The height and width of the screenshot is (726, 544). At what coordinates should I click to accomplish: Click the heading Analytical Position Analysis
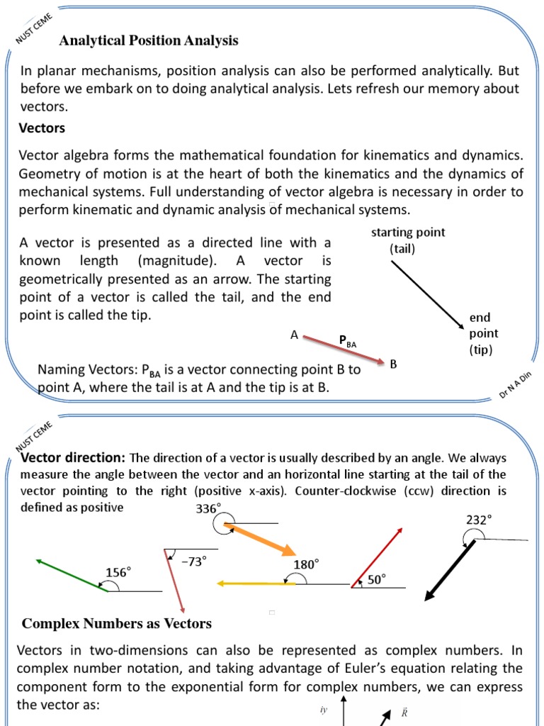(149, 41)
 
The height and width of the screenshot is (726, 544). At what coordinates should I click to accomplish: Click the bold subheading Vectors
(42, 128)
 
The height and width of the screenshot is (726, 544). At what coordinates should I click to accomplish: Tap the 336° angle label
(208, 508)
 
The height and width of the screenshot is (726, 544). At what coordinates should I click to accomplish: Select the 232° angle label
(478, 520)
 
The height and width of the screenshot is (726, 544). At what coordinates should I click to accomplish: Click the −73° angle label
(194, 561)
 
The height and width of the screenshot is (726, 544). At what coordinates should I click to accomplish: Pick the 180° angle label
(307, 564)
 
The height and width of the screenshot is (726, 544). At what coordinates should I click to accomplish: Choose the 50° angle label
(376, 579)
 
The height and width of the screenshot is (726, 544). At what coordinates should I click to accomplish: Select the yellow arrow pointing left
(256, 583)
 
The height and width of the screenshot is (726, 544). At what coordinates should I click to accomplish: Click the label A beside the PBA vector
(294, 335)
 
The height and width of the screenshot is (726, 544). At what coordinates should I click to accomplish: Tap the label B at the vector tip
(393, 364)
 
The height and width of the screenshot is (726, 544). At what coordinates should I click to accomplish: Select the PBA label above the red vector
(348, 342)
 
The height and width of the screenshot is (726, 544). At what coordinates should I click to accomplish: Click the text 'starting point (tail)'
(408, 241)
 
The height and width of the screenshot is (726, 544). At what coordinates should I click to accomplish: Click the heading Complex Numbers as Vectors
(117, 624)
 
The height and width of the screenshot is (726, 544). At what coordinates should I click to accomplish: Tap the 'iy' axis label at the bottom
(324, 709)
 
